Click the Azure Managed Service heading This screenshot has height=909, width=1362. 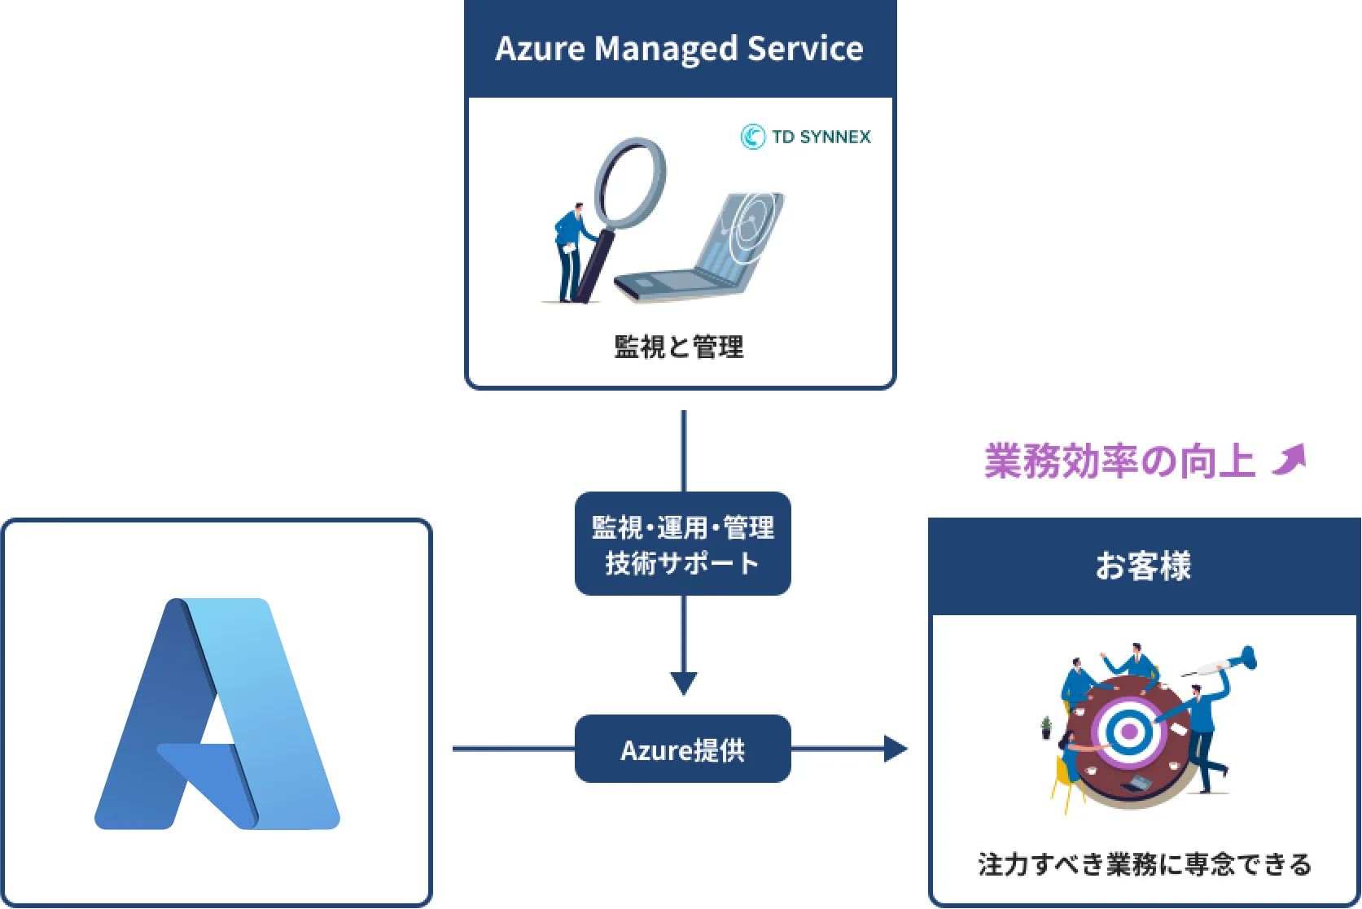pyautogui.click(x=679, y=49)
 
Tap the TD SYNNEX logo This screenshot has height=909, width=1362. pyautogui.click(x=805, y=137)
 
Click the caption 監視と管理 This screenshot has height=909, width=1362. pyautogui.click(x=679, y=347)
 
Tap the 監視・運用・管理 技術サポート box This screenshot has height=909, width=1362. pyautogui.click(x=682, y=544)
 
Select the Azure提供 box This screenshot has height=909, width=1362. pyautogui.click(x=682, y=749)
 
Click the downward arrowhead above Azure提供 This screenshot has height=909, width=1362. pyautogui.click(x=683, y=683)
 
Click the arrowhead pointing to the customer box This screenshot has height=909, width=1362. pyautogui.click(x=895, y=749)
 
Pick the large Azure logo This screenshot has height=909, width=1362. pyautogui.click(x=217, y=715)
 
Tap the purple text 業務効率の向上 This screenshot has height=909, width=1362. pyautogui.click(x=1119, y=461)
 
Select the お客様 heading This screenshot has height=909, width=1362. pyautogui.click(x=1143, y=566)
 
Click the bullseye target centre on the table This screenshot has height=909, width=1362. pyautogui.click(x=1129, y=732)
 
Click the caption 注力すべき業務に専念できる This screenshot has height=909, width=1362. pyautogui.click(x=1144, y=863)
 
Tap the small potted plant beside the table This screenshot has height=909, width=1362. pyautogui.click(x=1046, y=727)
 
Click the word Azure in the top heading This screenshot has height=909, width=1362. pyautogui.click(x=540, y=49)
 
